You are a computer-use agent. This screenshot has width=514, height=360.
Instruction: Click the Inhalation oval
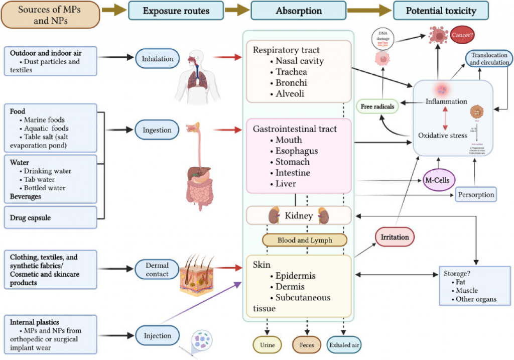click(x=157, y=59)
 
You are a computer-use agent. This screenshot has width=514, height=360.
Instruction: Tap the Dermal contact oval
click(x=157, y=269)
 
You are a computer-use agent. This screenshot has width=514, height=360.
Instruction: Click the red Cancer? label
click(x=463, y=36)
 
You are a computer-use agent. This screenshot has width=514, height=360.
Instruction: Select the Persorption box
click(x=476, y=194)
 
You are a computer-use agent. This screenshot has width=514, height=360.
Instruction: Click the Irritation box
click(x=395, y=236)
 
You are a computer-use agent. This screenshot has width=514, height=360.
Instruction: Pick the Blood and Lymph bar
click(x=305, y=240)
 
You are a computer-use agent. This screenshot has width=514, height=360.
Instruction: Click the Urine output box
click(x=268, y=345)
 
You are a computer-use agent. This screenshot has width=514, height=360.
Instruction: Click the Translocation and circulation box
click(x=488, y=59)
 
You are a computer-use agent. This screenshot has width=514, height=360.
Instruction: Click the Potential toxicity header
click(x=441, y=10)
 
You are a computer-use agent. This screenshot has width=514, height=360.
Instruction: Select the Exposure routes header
click(x=176, y=10)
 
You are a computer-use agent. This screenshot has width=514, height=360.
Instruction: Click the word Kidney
click(x=299, y=216)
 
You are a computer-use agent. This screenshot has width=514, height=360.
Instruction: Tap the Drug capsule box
click(x=50, y=218)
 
